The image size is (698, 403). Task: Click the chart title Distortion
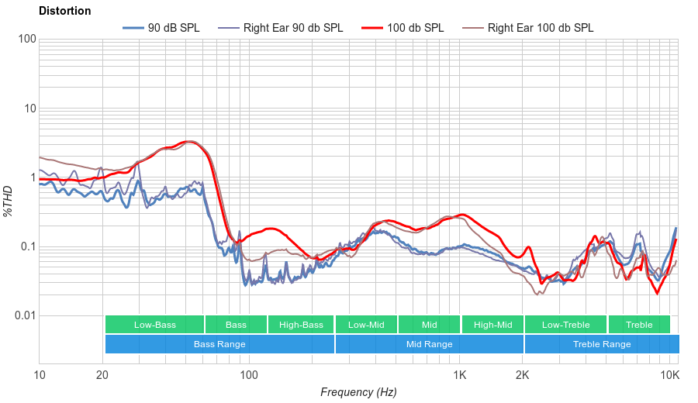64,12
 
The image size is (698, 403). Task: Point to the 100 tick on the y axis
26,39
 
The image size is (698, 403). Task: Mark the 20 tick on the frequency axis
102,375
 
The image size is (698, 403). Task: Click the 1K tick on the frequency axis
459,375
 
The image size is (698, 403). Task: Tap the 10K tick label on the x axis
669,375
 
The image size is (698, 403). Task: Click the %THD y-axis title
9,201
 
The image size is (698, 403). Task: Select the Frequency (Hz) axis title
358,392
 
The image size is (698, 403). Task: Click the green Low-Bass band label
154,325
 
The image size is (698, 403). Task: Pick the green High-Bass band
301,325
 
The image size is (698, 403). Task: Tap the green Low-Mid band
366,325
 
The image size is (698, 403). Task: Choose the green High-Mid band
492,325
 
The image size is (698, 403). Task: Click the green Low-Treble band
565,325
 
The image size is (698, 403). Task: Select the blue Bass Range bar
219,344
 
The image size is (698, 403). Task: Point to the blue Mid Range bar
429,344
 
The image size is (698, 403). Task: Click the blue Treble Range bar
601,344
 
